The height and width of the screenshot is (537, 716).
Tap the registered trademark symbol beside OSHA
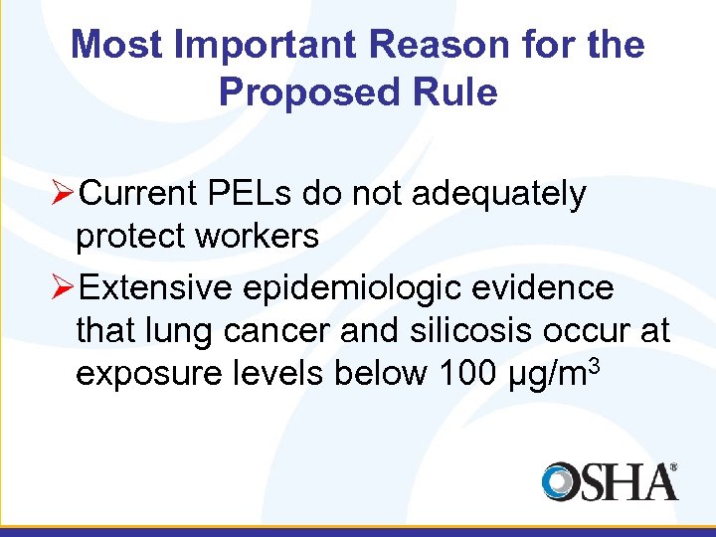[x=673, y=466]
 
